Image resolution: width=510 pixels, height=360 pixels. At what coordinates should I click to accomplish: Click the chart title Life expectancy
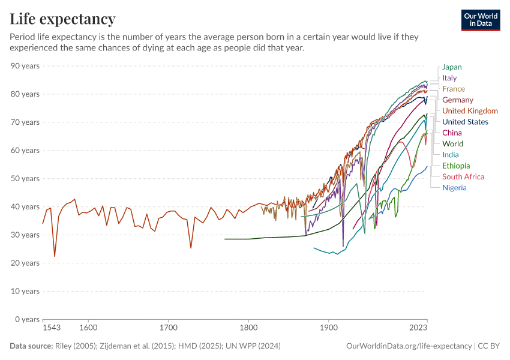click(x=62, y=19)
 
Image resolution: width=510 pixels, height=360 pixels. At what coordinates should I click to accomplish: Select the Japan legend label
click(x=452, y=67)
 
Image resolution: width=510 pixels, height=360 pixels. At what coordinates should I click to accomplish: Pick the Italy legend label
click(x=449, y=78)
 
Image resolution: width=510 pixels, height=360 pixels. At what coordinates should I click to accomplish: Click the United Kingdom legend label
click(x=470, y=111)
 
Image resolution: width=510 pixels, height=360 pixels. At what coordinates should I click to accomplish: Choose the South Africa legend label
click(x=463, y=176)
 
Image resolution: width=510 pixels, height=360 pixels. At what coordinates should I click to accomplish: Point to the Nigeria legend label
click(x=454, y=188)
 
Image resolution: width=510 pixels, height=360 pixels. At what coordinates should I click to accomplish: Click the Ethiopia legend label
click(x=456, y=166)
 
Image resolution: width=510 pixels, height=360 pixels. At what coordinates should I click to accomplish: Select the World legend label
click(x=452, y=143)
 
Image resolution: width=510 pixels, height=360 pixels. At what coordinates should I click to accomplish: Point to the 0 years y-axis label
click(x=27, y=319)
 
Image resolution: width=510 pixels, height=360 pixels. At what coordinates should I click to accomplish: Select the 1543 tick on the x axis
click(x=52, y=329)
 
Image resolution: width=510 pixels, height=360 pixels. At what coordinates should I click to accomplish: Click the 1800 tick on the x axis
click(x=248, y=329)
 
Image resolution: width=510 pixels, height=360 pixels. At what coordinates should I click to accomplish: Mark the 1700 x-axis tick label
click(x=169, y=329)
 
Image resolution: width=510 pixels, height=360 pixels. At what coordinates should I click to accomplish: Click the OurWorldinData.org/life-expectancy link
click(x=409, y=346)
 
